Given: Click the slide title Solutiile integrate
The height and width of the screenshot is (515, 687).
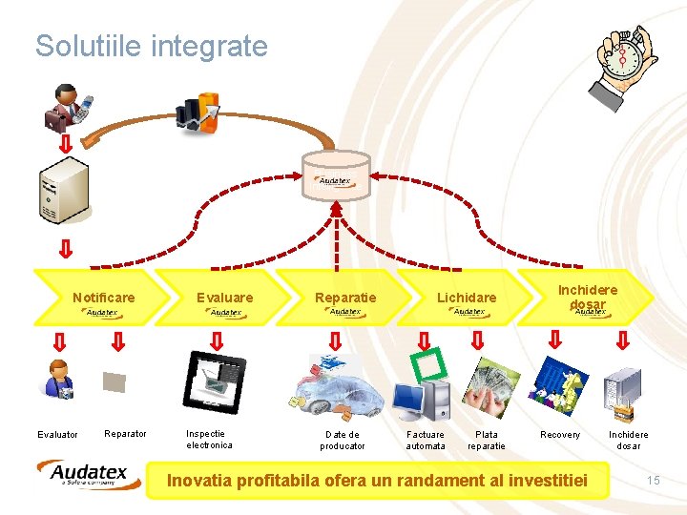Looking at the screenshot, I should (x=151, y=46).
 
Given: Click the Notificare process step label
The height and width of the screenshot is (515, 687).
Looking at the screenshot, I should (x=104, y=298).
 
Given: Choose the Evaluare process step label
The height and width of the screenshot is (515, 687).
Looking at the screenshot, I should (x=225, y=298).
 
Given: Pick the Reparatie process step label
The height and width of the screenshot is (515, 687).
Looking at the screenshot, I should (x=345, y=298).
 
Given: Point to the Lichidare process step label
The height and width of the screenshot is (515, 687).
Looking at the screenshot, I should (x=467, y=298).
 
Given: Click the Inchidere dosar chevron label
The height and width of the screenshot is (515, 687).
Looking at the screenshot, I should (x=588, y=296).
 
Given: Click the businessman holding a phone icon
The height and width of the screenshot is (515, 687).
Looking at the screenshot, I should (x=67, y=107).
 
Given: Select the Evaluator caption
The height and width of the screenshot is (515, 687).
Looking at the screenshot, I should (x=57, y=435).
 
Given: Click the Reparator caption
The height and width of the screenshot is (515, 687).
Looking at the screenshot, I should (x=125, y=434).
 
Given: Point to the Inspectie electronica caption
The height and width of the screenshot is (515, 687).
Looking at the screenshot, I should (x=209, y=439).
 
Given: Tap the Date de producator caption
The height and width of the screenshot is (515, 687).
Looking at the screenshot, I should (x=343, y=440).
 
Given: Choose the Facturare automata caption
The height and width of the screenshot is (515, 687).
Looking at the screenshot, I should (x=426, y=440).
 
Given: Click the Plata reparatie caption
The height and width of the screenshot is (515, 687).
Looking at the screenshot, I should (x=487, y=440).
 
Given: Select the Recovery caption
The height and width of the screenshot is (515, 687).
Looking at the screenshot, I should (x=560, y=435).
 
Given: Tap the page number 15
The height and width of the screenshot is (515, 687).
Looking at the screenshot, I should (x=653, y=480).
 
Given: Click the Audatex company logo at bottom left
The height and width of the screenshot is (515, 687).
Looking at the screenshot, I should (x=89, y=474).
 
